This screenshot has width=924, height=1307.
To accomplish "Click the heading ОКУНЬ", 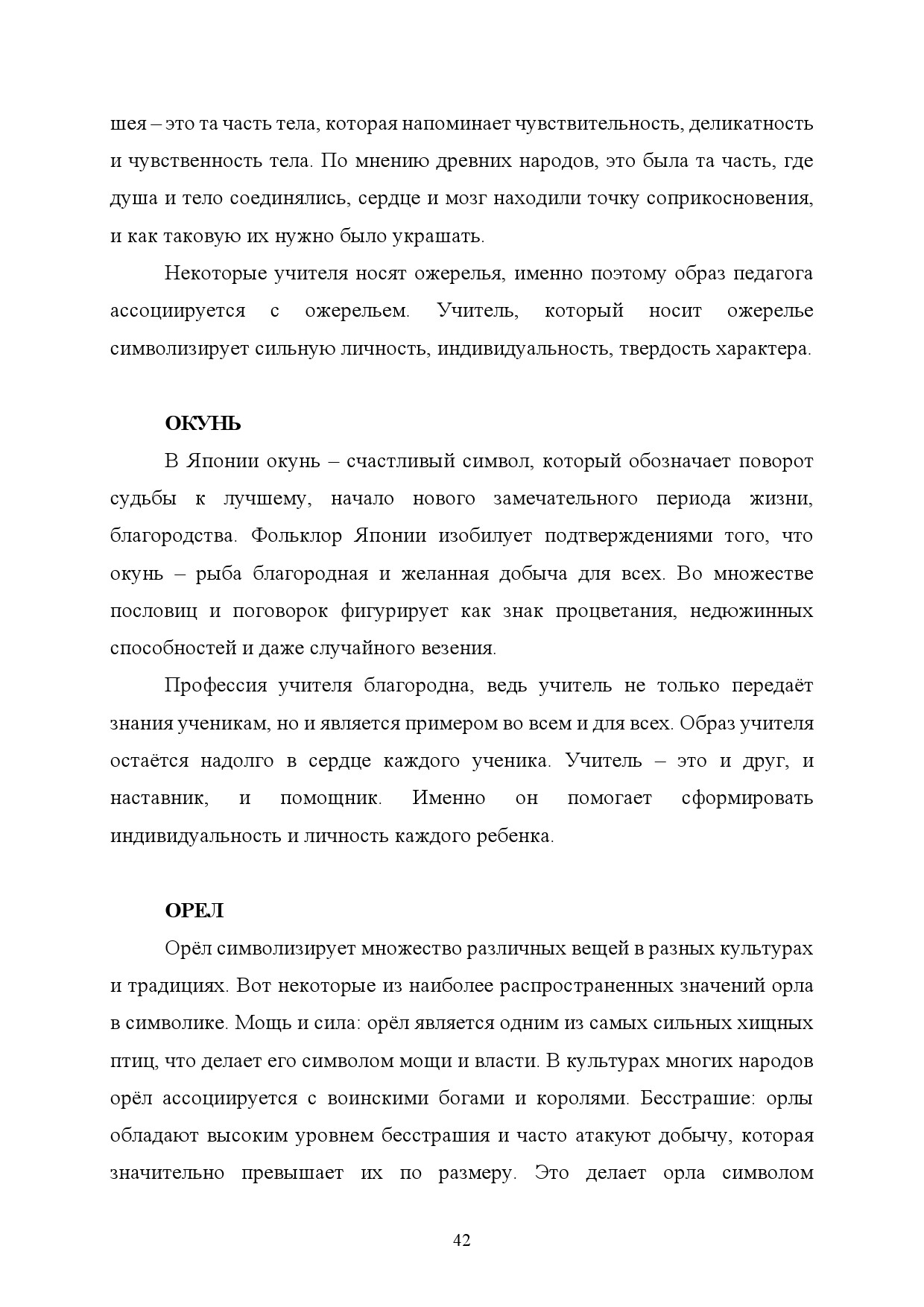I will pos(203,425).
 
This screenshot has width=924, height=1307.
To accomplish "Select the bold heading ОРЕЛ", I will pos(194,911).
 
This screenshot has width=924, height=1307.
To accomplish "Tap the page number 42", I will pos(462,1241).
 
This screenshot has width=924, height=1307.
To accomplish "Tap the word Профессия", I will pos(215,686).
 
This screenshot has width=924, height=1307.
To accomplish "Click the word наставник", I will pos(159,799).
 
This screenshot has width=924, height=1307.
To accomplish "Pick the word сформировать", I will pos(747,799).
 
